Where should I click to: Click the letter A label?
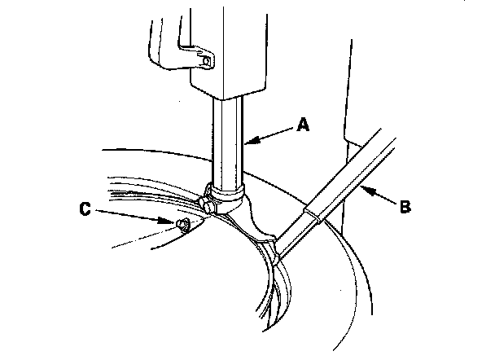pyautogui.click(x=303, y=125)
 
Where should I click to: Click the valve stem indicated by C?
pyautogui.click(x=182, y=225)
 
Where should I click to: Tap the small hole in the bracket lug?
pyautogui.click(x=206, y=59)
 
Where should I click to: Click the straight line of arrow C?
pyautogui.click(x=130, y=215)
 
